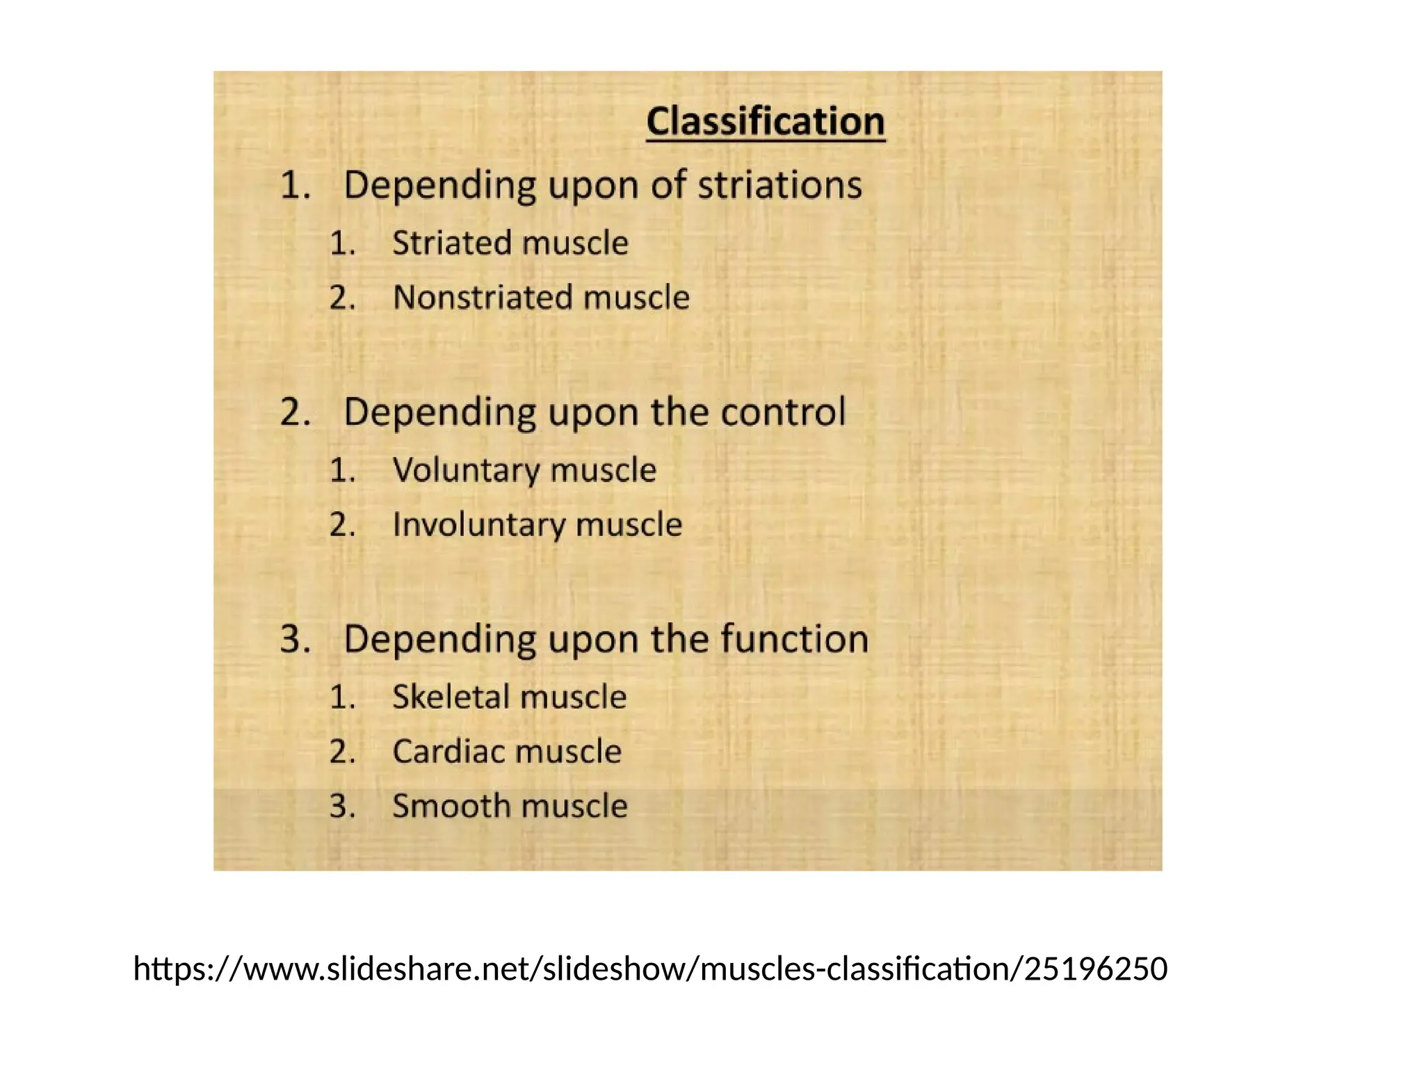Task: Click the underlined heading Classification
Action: tap(765, 122)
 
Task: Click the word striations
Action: tap(779, 186)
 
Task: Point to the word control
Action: tap(783, 412)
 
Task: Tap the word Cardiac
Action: tap(448, 752)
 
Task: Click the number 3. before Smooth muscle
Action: tap(342, 807)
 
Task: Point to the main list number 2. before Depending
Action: tap(295, 412)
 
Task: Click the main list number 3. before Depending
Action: tap(295, 639)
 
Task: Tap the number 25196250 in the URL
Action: tap(1096, 969)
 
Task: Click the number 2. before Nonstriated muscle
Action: tap(342, 298)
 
